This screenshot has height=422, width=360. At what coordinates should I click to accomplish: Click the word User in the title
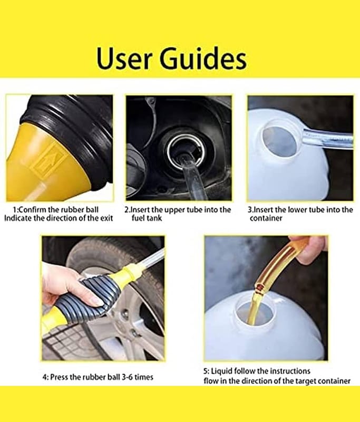point(124,59)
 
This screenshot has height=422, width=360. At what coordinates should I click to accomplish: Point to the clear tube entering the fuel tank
point(192,177)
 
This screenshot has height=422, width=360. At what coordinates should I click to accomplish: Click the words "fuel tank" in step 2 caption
point(147,218)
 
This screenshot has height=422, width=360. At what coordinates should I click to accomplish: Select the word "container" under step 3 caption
point(266,218)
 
